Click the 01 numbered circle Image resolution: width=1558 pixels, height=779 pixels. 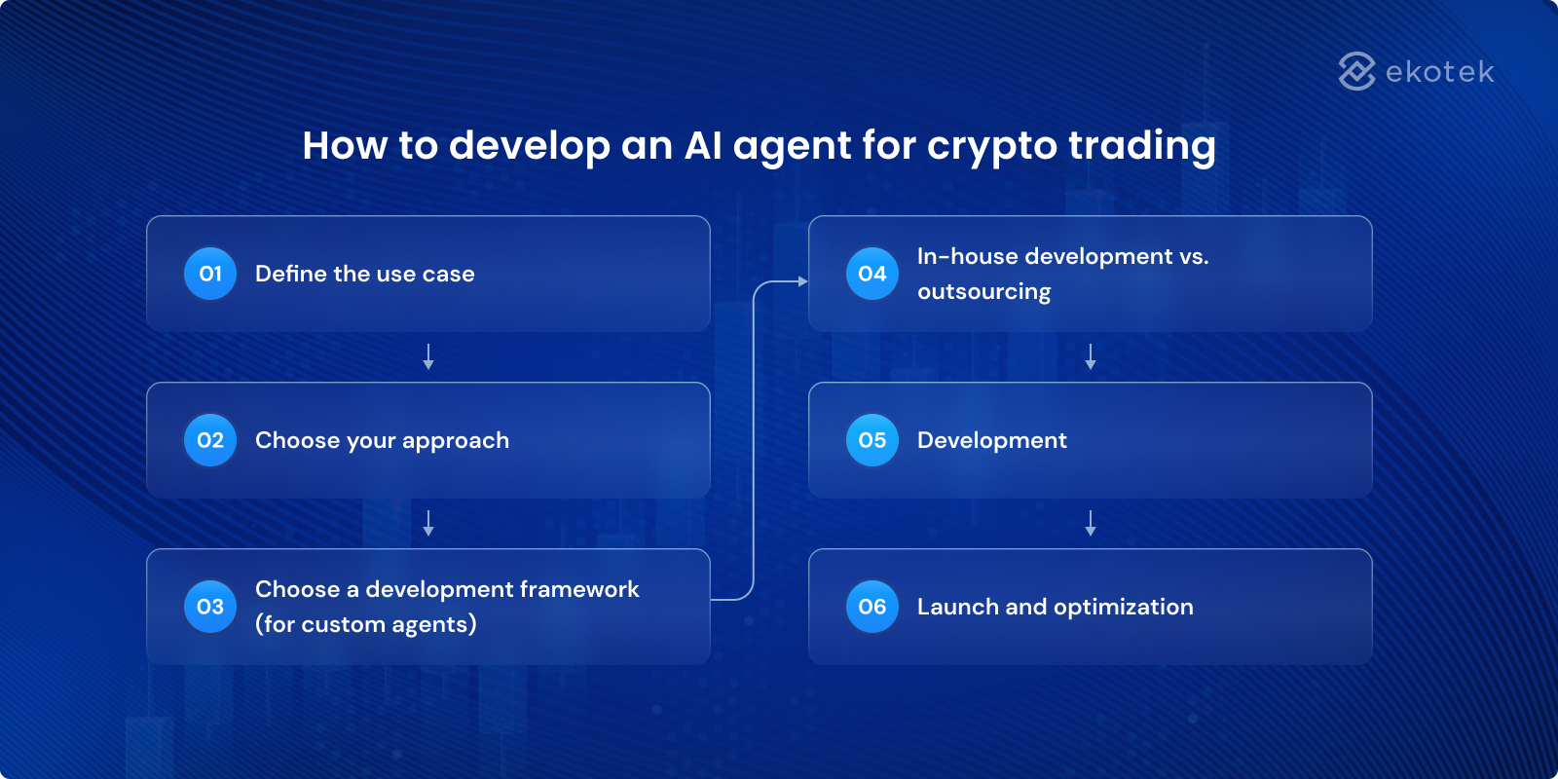pyautogui.click(x=210, y=274)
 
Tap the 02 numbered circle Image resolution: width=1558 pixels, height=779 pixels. pyautogui.click(x=210, y=440)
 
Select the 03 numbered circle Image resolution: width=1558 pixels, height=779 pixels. pyautogui.click(x=210, y=607)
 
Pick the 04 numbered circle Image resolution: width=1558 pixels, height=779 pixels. pyautogui.click(x=872, y=274)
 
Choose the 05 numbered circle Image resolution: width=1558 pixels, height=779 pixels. pyautogui.click(x=872, y=440)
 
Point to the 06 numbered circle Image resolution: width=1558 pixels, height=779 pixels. pyautogui.click(x=872, y=607)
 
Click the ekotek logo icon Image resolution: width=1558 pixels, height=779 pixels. pyautogui.click(x=1356, y=71)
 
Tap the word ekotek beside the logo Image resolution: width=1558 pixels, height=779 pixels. pyautogui.click(x=1439, y=72)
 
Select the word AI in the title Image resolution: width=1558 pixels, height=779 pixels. pyautogui.click(x=703, y=145)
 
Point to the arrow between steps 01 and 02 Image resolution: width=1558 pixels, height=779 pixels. pyautogui.click(x=428, y=356)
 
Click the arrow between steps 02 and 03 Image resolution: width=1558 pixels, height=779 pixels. pyautogui.click(x=428, y=523)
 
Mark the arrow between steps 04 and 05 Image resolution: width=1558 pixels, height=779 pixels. pyautogui.click(x=1091, y=356)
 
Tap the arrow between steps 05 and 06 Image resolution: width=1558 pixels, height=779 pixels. pyautogui.click(x=1091, y=523)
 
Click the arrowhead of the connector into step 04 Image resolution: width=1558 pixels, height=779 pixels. pyautogui.click(x=802, y=281)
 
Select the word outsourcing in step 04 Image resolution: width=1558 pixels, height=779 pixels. pyautogui.click(x=983, y=292)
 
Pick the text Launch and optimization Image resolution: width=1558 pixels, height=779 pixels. pyautogui.click(x=1055, y=607)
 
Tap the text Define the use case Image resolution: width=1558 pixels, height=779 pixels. pyautogui.click(x=364, y=274)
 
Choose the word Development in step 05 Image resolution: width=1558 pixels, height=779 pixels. pyautogui.click(x=991, y=440)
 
